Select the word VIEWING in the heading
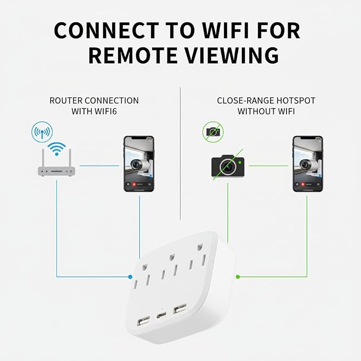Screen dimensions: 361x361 point(232,55)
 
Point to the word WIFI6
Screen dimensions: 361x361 point(105,112)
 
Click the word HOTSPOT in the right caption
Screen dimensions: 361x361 point(296,100)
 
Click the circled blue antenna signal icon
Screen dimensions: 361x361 point(42,132)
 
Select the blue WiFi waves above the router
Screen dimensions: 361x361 point(57,148)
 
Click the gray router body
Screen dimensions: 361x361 point(56,172)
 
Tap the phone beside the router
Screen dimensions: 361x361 point(139,164)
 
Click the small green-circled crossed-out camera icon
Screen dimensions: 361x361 point(213,132)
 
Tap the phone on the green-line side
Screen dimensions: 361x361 point(308,164)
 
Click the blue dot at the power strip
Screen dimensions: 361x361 point(130,277)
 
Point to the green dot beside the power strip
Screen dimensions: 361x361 point(238,277)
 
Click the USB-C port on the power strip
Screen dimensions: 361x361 point(162,315)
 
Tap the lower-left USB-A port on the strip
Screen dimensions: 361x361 point(143,322)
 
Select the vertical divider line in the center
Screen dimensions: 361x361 point(180,154)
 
